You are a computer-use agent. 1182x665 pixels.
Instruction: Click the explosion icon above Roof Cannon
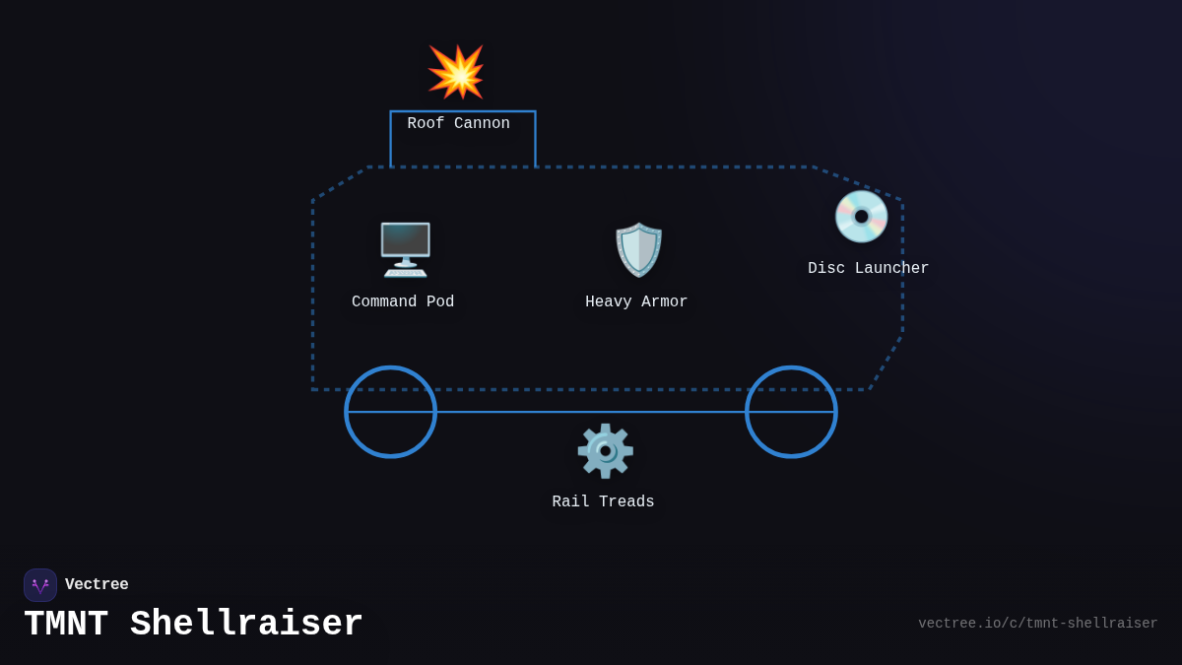pos(456,72)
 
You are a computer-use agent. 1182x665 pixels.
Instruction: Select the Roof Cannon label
pos(459,124)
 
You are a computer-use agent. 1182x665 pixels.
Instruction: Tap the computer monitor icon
pos(405,249)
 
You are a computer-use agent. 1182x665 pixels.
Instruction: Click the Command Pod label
pos(403,302)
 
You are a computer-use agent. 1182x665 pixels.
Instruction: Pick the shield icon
pos(638,249)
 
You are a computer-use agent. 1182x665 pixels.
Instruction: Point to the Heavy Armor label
pos(636,302)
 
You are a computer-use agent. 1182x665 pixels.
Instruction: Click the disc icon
pos(861,217)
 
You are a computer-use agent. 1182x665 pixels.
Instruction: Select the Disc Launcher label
pos(868,269)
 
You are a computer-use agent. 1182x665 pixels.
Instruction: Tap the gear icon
pos(605,451)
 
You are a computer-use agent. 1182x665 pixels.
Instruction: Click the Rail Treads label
pos(603,502)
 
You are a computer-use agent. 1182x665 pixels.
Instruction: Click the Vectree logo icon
pos(40,585)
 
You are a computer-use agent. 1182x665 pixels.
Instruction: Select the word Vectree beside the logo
pos(97,585)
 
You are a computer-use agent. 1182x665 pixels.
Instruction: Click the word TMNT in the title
pos(66,625)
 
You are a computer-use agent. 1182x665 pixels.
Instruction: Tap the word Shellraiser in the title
pos(246,625)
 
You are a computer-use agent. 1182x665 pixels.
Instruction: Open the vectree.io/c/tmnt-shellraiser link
pos(1037,624)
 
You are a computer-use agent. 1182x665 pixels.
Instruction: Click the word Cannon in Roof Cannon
pos(482,124)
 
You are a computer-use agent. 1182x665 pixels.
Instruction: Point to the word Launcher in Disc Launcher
pos(891,269)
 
